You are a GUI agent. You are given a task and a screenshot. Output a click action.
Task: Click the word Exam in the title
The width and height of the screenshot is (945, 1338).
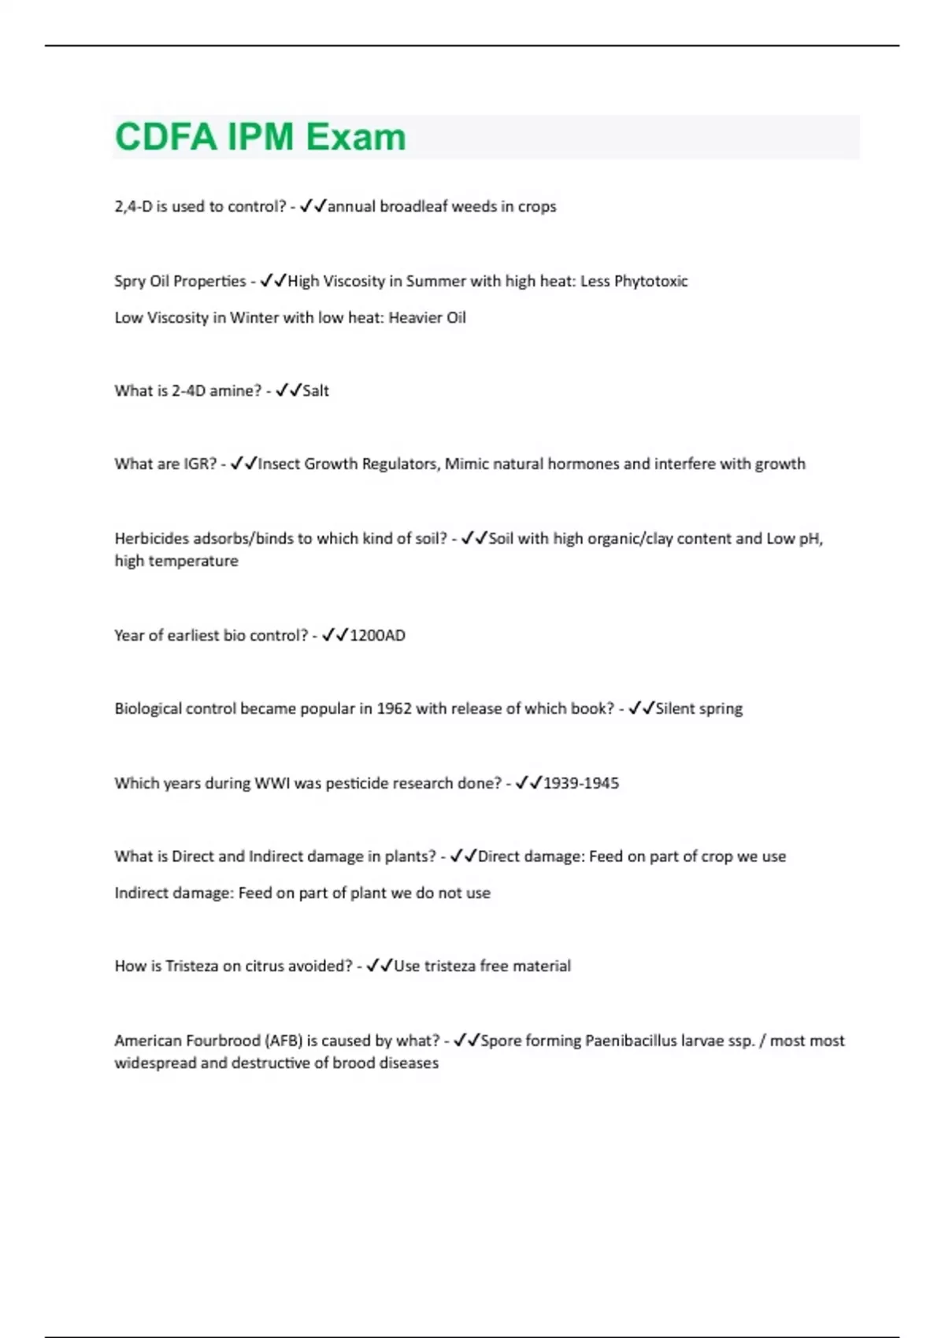(x=356, y=137)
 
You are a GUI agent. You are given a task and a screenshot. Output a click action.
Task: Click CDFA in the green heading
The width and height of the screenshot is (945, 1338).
(x=166, y=137)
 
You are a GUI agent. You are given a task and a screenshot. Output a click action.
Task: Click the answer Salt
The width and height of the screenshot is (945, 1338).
(x=316, y=390)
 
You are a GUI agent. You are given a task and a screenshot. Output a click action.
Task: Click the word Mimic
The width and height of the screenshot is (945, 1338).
(x=467, y=464)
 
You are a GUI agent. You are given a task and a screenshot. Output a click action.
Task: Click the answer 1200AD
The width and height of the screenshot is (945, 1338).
(x=377, y=635)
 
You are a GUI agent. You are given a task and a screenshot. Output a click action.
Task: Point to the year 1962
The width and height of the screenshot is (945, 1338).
(x=394, y=708)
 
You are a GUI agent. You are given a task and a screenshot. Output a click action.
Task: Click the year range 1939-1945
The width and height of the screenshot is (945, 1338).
(x=581, y=783)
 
